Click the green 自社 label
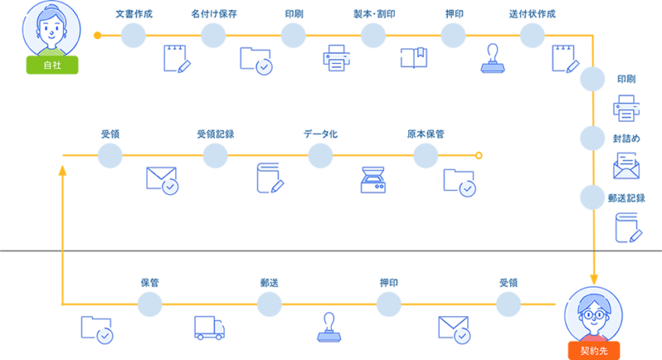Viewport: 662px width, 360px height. pyautogui.click(x=51, y=65)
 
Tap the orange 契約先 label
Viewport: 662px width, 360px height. pyautogui.click(x=594, y=350)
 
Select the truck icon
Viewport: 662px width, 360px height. pyautogui.click(x=210, y=328)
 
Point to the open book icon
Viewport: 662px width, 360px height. pyautogui.click(x=414, y=58)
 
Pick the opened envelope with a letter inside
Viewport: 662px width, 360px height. pyautogui.click(x=626, y=166)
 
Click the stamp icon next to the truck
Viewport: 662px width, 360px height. pyautogui.click(x=329, y=327)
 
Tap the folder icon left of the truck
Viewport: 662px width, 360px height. pyautogui.click(x=97, y=329)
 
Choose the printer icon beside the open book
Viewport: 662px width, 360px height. pyautogui.click(x=336, y=58)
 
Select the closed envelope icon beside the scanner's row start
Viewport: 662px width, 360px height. pyautogui.click(x=162, y=179)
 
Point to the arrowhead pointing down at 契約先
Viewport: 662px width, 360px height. pyautogui.click(x=593, y=279)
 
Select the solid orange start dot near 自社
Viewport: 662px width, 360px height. pyautogui.click(x=97, y=35)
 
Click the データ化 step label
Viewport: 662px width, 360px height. pyautogui.click(x=320, y=134)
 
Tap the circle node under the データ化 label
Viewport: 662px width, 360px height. pyautogui.click(x=320, y=156)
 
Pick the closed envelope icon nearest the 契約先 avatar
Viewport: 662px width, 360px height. pyautogui.click(x=453, y=329)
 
